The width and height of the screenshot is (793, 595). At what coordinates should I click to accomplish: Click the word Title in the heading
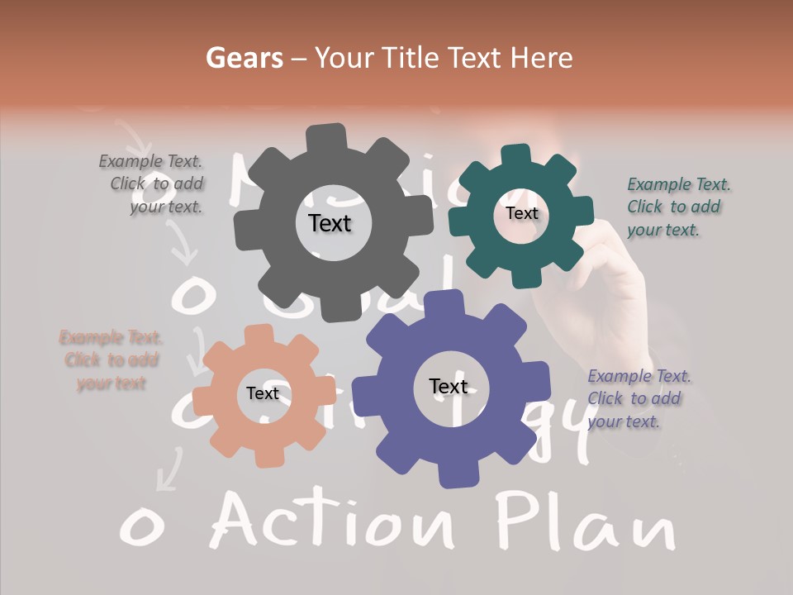pos(411,58)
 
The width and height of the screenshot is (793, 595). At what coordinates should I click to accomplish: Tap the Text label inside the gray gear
pos(330,223)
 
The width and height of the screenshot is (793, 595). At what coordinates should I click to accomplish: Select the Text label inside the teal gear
pos(521,213)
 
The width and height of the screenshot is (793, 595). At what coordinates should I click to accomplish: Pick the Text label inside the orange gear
pos(263,393)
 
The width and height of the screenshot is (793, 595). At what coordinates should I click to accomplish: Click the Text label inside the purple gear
pos(449,386)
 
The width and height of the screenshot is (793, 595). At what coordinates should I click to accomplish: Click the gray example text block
pos(154,184)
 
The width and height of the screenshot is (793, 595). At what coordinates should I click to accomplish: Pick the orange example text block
pos(111,360)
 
